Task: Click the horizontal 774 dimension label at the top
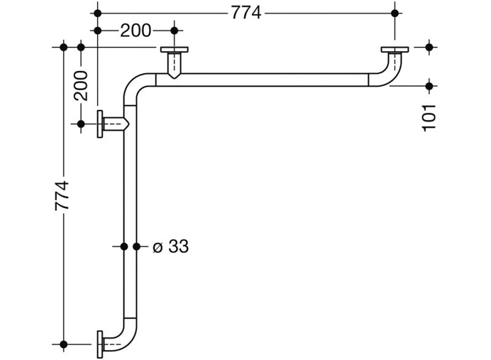pos(246,13)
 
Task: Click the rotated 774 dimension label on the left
pos(62,195)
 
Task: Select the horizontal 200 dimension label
pos(136,31)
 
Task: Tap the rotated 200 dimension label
pos(81,85)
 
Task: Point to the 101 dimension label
pos(429,118)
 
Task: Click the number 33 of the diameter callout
pos(179,247)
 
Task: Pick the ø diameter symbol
pos(158,247)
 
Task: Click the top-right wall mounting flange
pos(395,49)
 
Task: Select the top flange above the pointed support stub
pos(175,49)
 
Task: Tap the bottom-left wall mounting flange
pos(100,344)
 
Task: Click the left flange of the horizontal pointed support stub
pos(100,124)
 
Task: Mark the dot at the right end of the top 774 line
pos(395,13)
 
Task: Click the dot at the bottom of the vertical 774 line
pos(64,344)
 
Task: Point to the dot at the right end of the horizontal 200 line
pos(175,31)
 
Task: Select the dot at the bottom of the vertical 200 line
pos(81,124)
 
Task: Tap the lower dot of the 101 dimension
pos(429,85)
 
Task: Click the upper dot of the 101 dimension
pos(429,47)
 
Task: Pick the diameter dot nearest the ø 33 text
pos(137,247)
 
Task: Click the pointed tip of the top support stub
pos(175,79)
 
